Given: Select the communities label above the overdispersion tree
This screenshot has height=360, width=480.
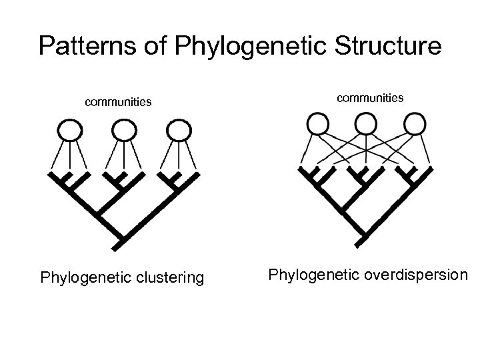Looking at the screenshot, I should (x=370, y=98).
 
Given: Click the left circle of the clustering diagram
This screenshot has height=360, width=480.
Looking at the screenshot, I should (x=69, y=129).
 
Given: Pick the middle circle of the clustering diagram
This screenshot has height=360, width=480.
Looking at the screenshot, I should (x=121, y=129).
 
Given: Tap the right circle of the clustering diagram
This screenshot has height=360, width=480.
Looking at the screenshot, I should (x=176, y=129).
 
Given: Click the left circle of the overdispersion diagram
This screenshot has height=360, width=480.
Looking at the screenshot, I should (x=317, y=123).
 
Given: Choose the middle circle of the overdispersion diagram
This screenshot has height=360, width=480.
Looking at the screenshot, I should (x=364, y=123).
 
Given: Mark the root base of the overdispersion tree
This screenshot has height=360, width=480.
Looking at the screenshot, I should (x=361, y=242).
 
